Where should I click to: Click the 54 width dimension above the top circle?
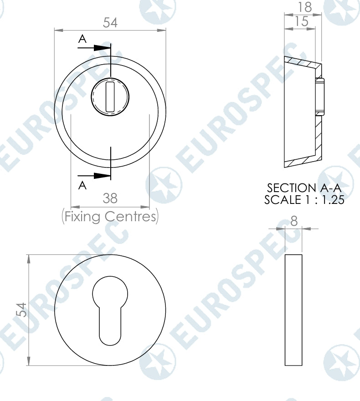coord(110,23)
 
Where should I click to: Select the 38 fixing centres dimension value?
coord(110,198)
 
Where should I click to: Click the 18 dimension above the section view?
coord(304,7)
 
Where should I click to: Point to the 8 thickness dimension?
coord(293,221)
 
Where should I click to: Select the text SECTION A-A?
coord(303,188)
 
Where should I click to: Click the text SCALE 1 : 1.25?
coord(303,199)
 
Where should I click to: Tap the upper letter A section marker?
coord(82,40)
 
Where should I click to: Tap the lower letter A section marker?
coord(82,184)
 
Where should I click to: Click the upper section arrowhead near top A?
coord(103,48)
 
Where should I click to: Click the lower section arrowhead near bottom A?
coord(103,176)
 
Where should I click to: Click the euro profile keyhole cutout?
coord(110,310)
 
